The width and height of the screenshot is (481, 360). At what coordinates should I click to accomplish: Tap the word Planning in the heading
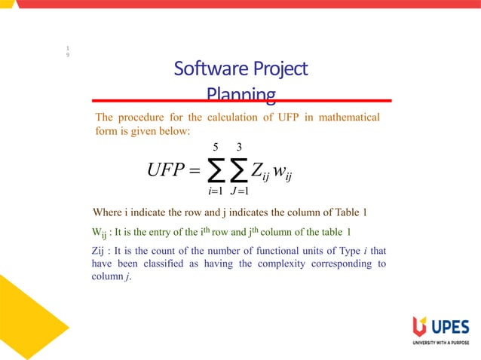240,95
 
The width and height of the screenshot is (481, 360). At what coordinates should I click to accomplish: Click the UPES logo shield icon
419,328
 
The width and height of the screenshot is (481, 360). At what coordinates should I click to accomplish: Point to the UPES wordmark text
450,328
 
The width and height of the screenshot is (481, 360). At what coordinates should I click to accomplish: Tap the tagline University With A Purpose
441,343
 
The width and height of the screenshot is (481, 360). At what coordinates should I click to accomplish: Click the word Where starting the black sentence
106,212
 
